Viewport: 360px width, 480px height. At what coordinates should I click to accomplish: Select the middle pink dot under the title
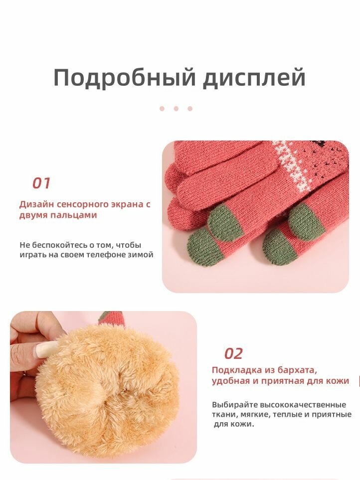point(176,109)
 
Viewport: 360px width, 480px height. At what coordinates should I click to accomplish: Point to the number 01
point(41,183)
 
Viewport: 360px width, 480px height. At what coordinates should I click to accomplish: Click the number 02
point(233,354)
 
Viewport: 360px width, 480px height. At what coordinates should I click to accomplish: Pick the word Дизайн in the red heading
point(37,204)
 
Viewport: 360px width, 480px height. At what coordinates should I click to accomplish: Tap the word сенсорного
point(80,204)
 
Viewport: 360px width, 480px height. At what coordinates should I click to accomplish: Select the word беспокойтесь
point(59,245)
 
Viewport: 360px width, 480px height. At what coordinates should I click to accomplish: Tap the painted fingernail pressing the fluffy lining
point(46,349)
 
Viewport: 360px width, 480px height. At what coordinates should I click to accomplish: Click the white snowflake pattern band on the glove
point(291,166)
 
